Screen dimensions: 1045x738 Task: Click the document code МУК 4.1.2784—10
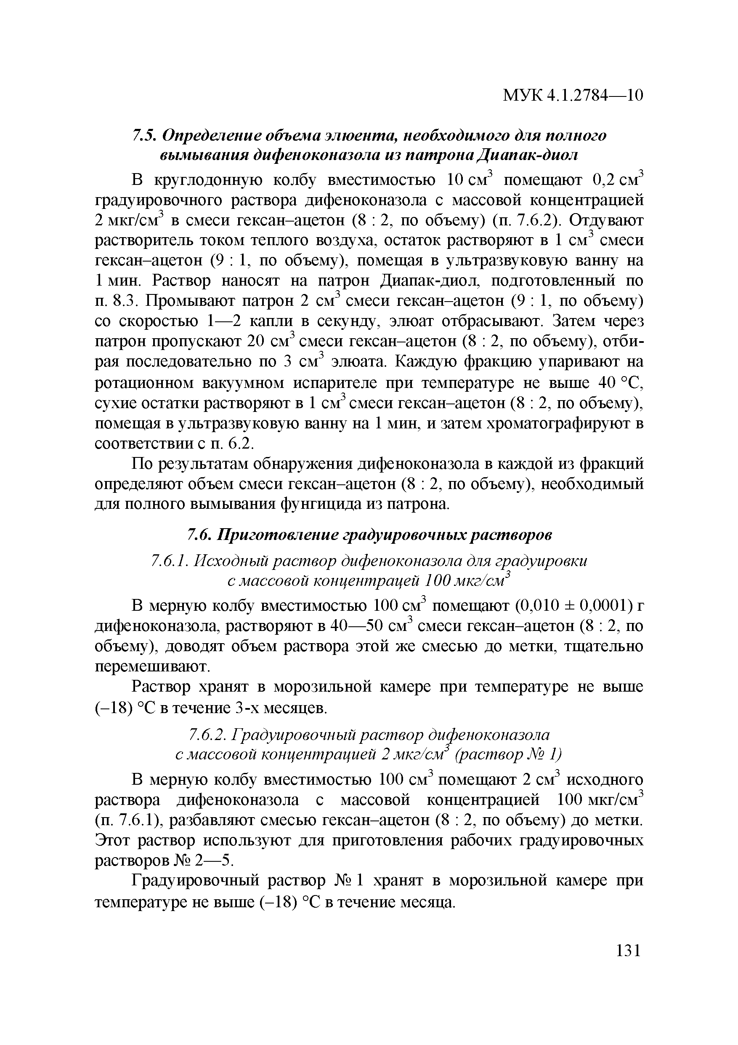point(573,96)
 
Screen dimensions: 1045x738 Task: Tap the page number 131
point(627,951)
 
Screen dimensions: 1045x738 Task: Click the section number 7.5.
point(144,136)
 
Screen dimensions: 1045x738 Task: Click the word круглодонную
point(209,180)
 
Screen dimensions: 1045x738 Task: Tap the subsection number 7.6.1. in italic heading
point(170,561)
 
